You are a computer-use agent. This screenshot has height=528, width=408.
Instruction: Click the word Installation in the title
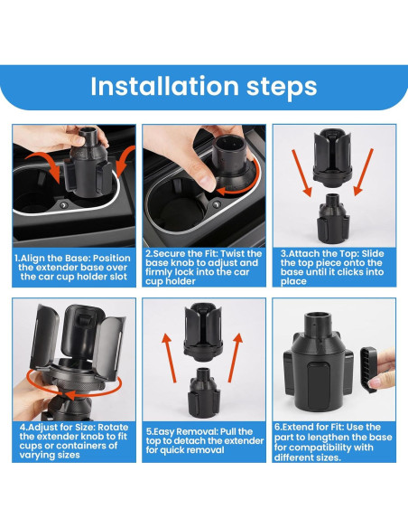pyautogui.click(x=164, y=86)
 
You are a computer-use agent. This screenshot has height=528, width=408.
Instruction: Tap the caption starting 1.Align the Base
pyautogui.click(x=73, y=268)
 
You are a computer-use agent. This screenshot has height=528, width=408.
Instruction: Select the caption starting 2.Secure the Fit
pyautogui.click(x=203, y=268)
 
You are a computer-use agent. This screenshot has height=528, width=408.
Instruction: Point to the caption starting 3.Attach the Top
pyautogui.click(x=332, y=268)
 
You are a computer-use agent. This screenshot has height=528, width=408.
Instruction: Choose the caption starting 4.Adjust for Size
pyautogui.click(x=74, y=441)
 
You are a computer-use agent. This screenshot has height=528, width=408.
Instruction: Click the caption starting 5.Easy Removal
pyautogui.click(x=205, y=441)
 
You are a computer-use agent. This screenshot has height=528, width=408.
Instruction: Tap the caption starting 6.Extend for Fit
pyautogui.click(x=333, y=442)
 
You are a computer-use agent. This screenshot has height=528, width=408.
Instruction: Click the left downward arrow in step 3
pyautogui.click(x=301, y=173)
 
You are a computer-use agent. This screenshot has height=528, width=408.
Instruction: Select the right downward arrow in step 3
pyautogui.click(x=363, y=173)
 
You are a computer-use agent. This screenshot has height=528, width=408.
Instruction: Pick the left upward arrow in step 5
pyautogui.click(x=169, y=358)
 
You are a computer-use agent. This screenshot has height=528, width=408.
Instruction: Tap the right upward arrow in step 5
pyautogui.click(x=236, y=358)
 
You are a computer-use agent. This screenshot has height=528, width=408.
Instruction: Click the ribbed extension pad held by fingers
pyautogui.click(x=368, y=370)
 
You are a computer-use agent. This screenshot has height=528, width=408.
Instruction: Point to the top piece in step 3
pyautogui.click(x=333, y=157)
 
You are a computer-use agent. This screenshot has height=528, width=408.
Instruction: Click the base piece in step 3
pyautogui.click(x=333, y=218)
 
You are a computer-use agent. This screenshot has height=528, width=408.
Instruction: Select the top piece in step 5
pyautogui.click(x=203, y=332)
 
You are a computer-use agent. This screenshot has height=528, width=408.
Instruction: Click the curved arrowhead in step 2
pyautogui.click(x=222, y=192)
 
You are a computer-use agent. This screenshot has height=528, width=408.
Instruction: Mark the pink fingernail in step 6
pyautogui.click(x=375, y=382)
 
